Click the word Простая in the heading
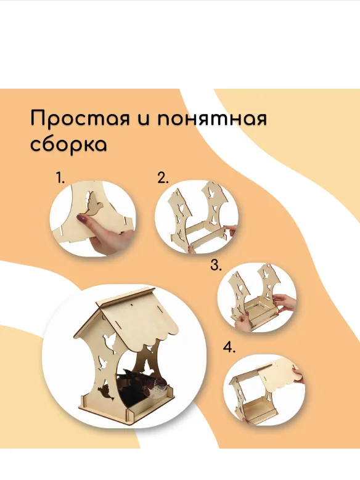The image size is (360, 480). pyautogui.click(x=80, y=118)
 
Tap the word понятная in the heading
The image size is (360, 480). pyautogui.click(x=212, y=119)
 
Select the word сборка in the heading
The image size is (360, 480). pyautogui.click(x=69, y=144)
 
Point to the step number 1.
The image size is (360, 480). pyautogui.click(x=60, y=177)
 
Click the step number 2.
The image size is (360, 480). pyautogui.click(x=163, y=177)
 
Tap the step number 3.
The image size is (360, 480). pyautogui.click(x=216, y=265)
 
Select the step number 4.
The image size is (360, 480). pyautogui.click(x=229, y=348)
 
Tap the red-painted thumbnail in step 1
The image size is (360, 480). pyautogui.click(x=83, y=219)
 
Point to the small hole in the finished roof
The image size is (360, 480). pyautogui.click(x=133, y=304)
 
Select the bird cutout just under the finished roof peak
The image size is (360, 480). pyautogui.click(x=109, y=341)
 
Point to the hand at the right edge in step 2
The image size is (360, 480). pyautogui.click(x=231, y=230)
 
